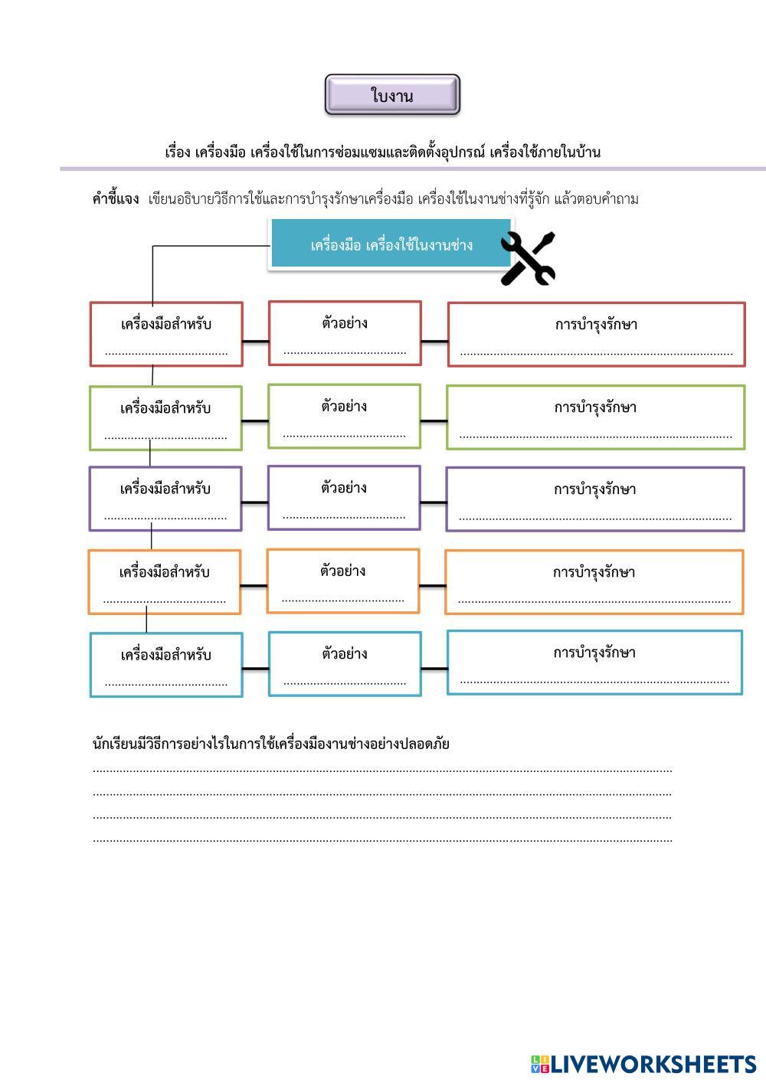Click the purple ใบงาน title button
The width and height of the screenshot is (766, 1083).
[392, 95]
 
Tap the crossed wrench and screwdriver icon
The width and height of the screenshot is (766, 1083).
[528, 259]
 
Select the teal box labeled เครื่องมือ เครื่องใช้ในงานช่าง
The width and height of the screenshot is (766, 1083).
[391, 245]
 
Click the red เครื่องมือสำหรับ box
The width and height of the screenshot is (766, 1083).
[166, 333]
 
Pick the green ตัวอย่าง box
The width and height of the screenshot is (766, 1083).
[344, 416]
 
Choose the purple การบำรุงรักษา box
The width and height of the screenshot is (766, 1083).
[595, 499]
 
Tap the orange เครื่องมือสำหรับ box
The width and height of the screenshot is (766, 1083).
[165, 581]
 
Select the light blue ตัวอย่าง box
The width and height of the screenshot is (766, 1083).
[345, 663]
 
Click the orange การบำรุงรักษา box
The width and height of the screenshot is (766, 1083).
[594, 581]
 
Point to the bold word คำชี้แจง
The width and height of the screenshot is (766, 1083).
[116, 199]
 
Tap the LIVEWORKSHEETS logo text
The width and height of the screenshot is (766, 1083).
[652, 1064]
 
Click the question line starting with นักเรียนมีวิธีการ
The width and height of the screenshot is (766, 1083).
[270, 743]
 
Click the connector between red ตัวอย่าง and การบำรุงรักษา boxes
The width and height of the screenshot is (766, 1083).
[434, 341]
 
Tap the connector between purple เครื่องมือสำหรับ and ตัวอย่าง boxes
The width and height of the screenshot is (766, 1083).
[255, 502]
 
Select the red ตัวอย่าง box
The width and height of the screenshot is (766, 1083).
[345, 332]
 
